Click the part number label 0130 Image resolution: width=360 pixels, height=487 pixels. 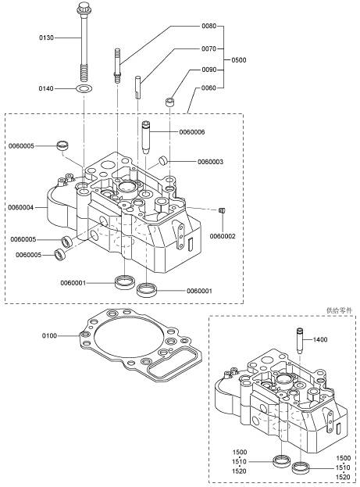(46, 38)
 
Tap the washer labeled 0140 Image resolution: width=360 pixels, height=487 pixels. (84, 89)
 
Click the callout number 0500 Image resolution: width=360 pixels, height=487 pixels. (239, 59)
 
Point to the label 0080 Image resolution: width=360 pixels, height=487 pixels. (209, 26)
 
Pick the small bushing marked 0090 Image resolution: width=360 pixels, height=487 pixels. (169, 102)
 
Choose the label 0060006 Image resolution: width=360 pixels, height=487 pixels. (192, 132)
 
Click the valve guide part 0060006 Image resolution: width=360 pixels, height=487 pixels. (145, 137)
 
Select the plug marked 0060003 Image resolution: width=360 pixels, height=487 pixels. (163, 161)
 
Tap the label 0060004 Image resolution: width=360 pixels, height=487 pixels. (21, 207)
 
